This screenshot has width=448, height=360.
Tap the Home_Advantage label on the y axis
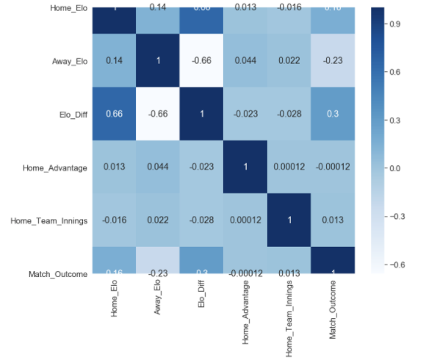pyautogui.click(x=56, y=168)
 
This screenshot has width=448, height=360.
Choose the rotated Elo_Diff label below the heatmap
pyautogui.click(x=201, y=298)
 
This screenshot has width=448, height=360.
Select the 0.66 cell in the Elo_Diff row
pyautogui.click(x=114, y=115)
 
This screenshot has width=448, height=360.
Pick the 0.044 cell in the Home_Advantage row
pyautogui.click(x=158, y=168)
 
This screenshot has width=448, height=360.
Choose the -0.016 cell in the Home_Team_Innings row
pyautogui.click(x=114, y=220)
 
